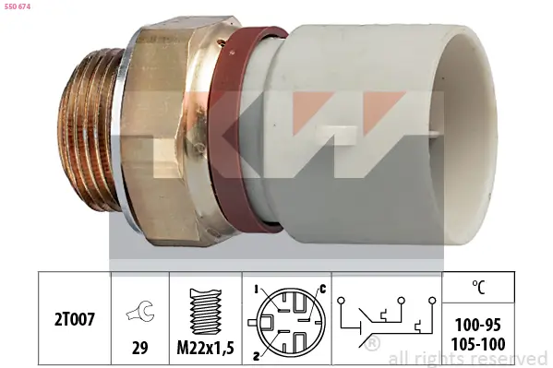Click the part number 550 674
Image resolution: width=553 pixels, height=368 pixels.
18,7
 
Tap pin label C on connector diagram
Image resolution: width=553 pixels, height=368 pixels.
322,290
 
